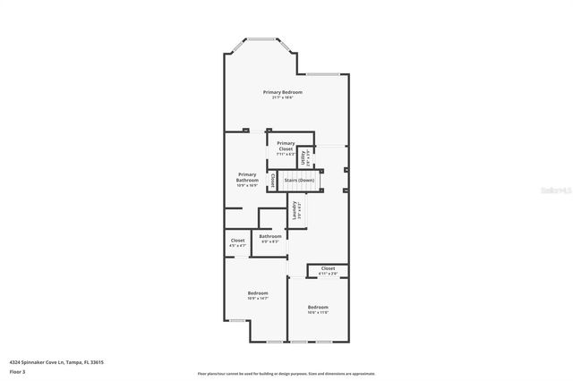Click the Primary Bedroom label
tap(282, 92)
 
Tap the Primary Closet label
tap(286, 144)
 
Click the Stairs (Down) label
tap(299, 181)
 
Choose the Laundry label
tap(295, 211)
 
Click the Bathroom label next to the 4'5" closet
tap(270, 236)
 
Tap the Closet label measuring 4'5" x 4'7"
tap(237, 241)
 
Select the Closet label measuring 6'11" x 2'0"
tap(328, 268)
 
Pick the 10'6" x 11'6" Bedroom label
tap(317, 308)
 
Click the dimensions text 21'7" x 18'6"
tap(282, 97)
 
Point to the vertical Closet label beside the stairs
tap(272, 180)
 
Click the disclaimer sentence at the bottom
tap(286, 373)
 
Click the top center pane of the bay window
tap(262, 38)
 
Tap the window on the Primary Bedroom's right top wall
tap(323, 73)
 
